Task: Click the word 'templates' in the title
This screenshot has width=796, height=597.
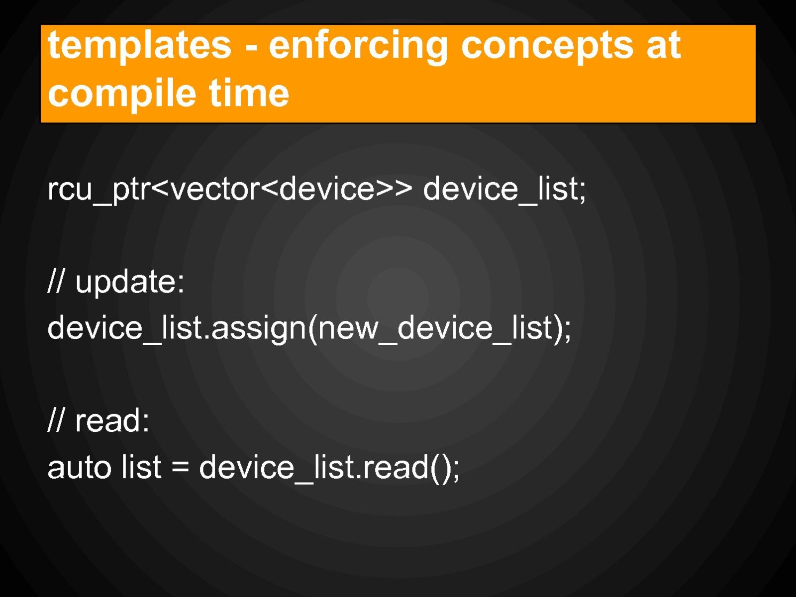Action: (140, 45)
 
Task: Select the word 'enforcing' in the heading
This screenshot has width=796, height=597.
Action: (358, 46)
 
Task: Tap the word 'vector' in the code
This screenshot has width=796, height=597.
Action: (215, 189)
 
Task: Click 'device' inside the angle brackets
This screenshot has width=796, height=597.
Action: (327, 189)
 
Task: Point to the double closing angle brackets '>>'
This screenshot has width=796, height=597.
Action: (394, 189)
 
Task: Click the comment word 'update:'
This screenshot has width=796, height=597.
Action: (130, 282)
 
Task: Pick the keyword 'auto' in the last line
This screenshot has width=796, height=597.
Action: (79, 468)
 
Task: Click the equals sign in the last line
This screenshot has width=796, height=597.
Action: (180, 467)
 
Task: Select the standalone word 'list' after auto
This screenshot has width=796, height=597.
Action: (141, 466)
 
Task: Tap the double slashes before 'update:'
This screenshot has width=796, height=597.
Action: (56, 281)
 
